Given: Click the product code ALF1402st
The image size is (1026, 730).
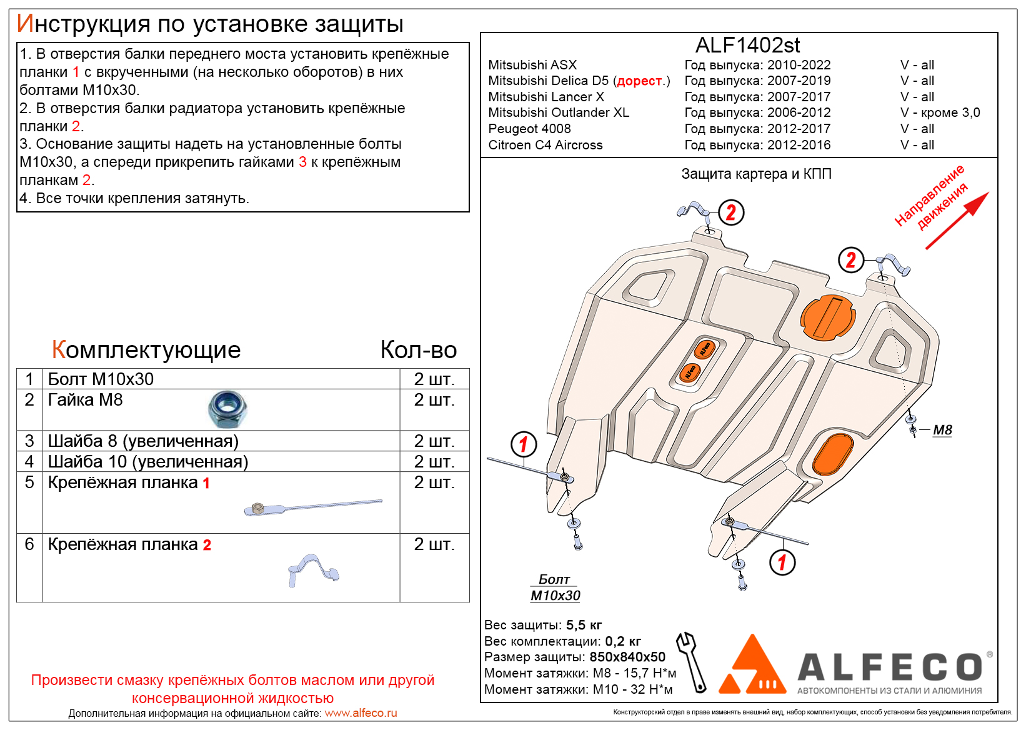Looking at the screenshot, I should [747, 46].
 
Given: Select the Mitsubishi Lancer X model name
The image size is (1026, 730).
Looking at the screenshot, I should [545, 97].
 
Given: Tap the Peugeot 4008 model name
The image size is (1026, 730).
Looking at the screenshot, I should [529, 129].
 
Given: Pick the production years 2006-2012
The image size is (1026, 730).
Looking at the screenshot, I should [799, 112].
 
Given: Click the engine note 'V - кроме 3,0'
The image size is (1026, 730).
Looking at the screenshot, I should [940, 112].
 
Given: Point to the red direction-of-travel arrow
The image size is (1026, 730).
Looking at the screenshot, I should [957, 221].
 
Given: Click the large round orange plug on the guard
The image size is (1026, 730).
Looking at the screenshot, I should [827, 317].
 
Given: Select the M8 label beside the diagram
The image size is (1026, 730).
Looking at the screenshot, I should [942, 430].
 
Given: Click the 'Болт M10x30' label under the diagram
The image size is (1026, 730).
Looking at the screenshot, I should [555, 588].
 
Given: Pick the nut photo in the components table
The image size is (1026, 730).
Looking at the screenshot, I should [228, 409].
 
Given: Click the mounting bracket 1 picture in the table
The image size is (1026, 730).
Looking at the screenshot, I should [312, 506].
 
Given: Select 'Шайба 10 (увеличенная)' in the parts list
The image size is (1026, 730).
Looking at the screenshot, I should [148, 462].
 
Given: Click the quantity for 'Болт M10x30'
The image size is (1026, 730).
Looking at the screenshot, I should [434, 379].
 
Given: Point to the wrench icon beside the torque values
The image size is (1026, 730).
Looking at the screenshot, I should [692, 661].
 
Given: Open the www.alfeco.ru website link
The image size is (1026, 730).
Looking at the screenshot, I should [361, 713].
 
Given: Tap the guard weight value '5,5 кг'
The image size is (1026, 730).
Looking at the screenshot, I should [584, 625].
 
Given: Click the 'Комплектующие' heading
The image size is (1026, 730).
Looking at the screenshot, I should [146, 350].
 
